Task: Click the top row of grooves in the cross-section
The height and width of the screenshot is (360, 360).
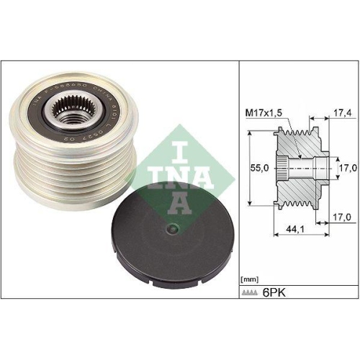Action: pyautogui.click(x=297, y=134)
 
